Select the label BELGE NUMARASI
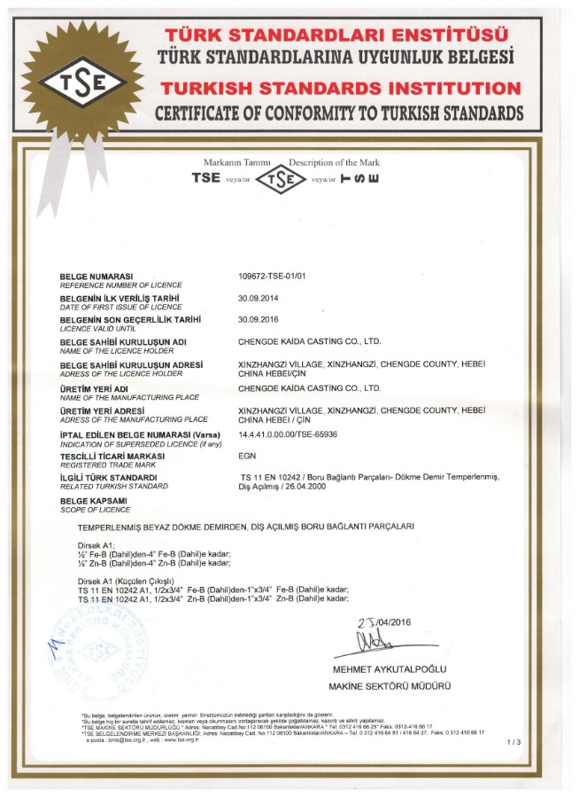coord(96,277)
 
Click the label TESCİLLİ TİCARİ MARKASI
coord(114,455)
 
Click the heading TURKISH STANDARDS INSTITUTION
coord(340,89)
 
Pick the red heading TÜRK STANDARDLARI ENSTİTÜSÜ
coord(336,35)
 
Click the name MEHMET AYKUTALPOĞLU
coord(390,668)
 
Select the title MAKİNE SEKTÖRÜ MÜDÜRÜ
coord(390,686)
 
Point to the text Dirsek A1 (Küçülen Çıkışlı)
coord(133,580)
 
